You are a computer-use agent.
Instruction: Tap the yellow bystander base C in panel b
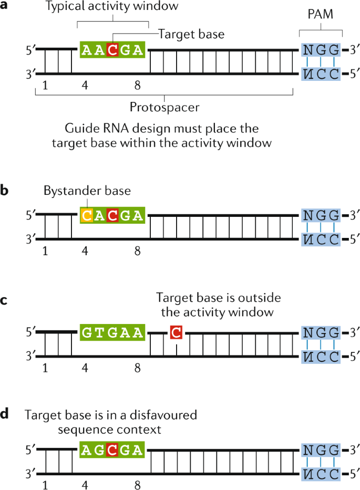87,215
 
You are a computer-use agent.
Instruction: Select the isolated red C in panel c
176,332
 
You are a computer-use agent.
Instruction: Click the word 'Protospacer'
164,107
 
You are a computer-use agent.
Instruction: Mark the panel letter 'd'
5,414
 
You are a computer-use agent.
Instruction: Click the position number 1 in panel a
46,86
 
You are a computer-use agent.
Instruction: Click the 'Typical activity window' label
111,7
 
